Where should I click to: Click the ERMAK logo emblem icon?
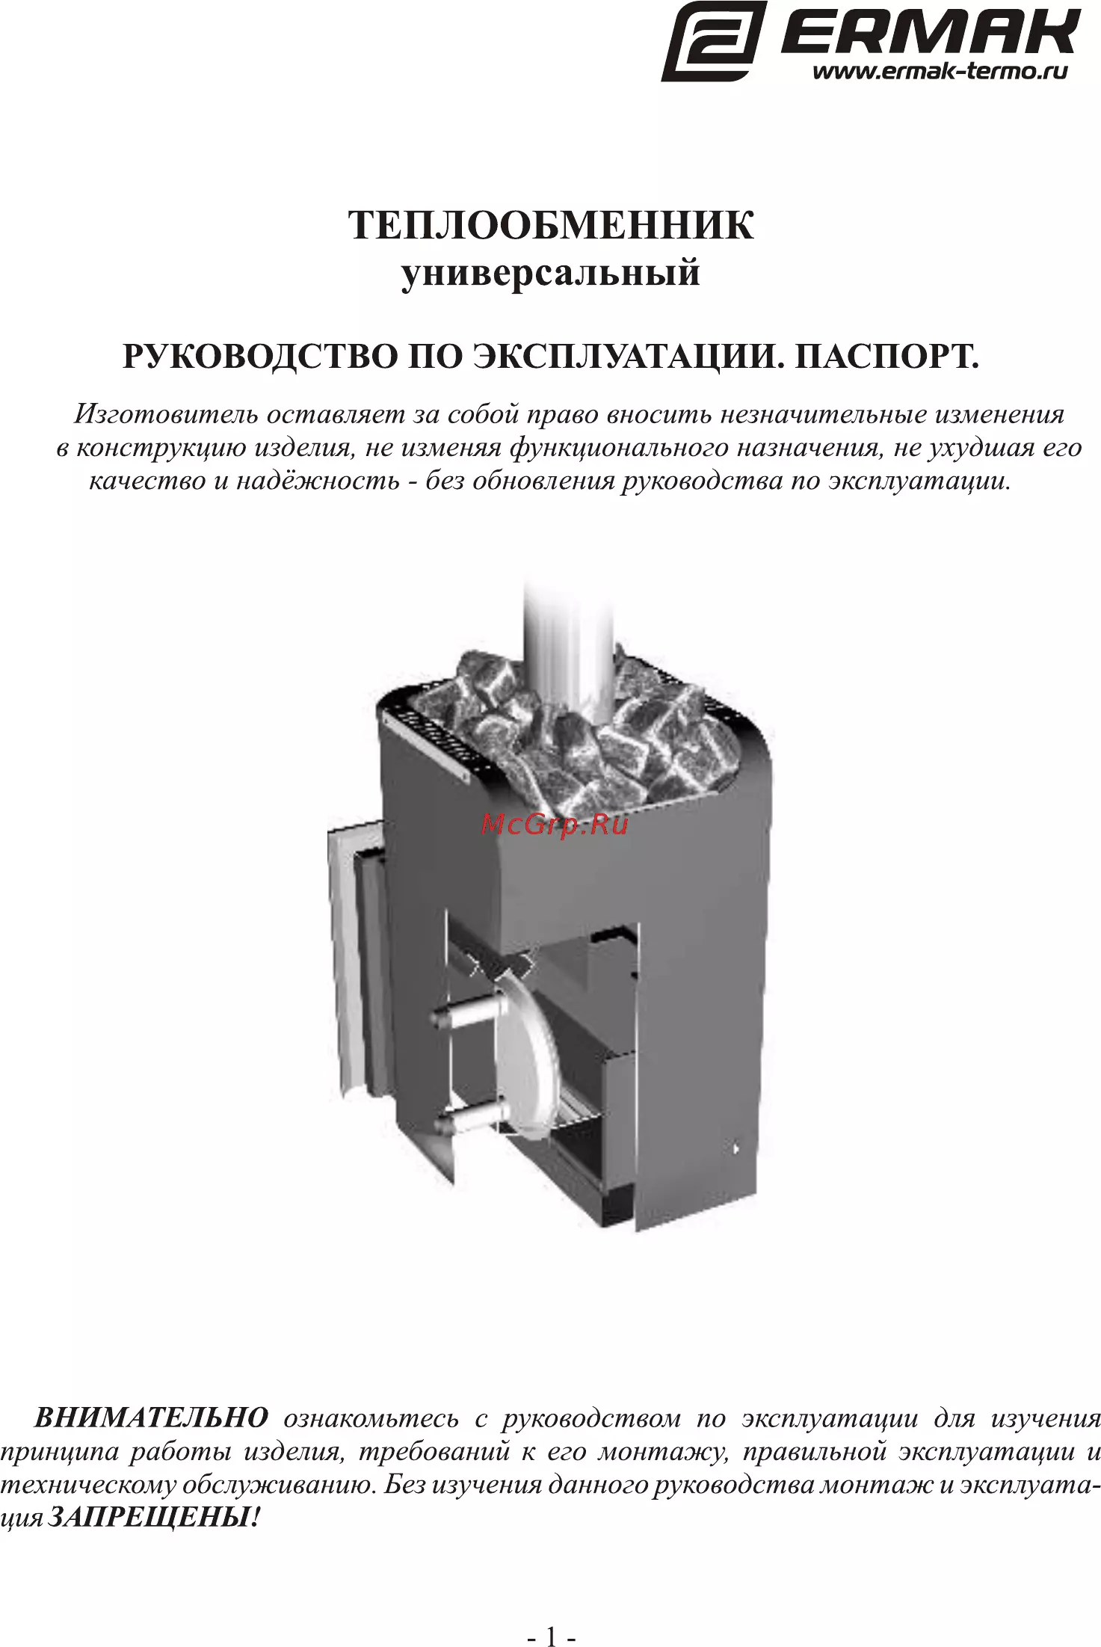[x=714, y=41]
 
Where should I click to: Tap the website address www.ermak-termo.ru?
[x=940, y=72]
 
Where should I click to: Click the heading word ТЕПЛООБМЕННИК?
[x=551, y=225]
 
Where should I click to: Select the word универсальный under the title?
[x=551, y=274]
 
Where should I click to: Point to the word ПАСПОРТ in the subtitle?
[x=886, y=357]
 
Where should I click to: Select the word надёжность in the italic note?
[x=318, y=480]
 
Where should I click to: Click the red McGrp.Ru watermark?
[x=555, y=825]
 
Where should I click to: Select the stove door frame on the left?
[x=348, y=957]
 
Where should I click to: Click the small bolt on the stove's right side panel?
[x=735, y=1147]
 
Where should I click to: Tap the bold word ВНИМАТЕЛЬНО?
[x=152, y=1417]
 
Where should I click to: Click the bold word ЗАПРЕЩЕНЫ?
[x=155, y=1517]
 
